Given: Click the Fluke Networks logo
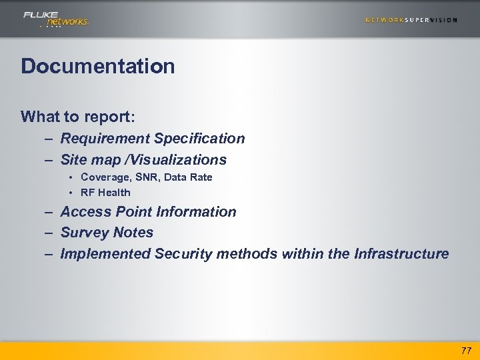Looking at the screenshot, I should (55, 19).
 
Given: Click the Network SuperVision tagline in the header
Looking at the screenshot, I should (411, 20).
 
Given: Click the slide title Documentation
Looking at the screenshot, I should (98, 67).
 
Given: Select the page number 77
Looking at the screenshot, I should (465, 350).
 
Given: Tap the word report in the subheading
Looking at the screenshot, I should (109, 117).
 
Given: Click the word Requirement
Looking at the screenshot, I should (105, 139).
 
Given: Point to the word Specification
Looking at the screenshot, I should (200, 139).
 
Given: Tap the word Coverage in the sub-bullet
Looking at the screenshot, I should (105, 177).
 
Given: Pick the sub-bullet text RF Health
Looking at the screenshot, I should (105, 193).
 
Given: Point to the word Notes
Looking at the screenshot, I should (133, 233).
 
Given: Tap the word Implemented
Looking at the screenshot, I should (105, 254).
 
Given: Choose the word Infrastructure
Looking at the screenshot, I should (401, 254).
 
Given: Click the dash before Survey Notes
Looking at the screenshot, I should (50, 233).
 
